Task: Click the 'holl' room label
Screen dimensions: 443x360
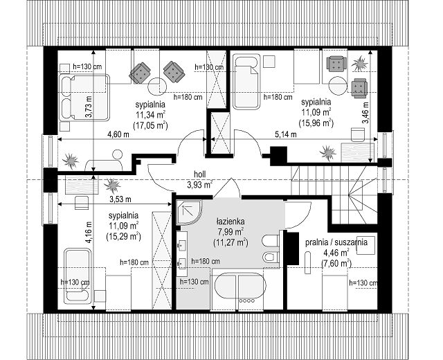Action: (x=199, y=174)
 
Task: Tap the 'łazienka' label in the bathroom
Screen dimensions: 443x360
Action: (x=230, y=222)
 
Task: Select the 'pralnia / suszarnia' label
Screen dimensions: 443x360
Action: (x=336, y=242)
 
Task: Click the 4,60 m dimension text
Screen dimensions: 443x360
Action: (x=118, y=134)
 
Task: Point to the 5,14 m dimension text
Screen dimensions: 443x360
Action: (x=286, y=134)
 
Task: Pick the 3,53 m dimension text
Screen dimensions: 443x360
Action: (x=120, y=199)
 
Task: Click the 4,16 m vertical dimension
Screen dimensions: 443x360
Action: (x=89, y=232)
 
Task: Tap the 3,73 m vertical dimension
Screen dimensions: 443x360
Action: (x=89, y=107)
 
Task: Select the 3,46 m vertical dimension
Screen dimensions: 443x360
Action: (x=365, y=112)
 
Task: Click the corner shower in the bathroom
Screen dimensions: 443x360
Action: (x=189, y=213)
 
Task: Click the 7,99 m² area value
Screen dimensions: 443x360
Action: (x=230, y=232)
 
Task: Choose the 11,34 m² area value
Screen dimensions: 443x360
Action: (x=150, y=115)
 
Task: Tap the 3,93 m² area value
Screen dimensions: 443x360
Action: (x=199, y=185)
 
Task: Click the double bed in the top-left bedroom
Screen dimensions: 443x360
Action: (x=84, y=98)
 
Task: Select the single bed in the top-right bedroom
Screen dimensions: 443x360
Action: (x=246, y=82)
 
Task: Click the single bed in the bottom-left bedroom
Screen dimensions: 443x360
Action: (x=78, y=276)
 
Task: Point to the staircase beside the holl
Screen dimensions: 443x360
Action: (x=334, y=195)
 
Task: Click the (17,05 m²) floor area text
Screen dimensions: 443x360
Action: (x=150, y=125)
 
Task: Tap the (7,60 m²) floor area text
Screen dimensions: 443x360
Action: (x=336, y=263)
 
